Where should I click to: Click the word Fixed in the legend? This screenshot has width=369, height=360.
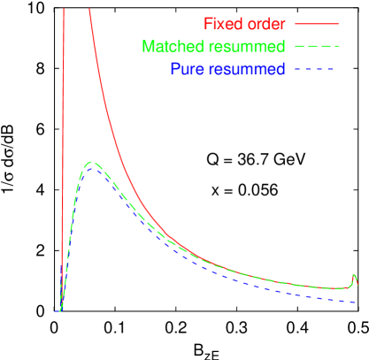coord(221,22)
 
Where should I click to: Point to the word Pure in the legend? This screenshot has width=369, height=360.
coord(183,69)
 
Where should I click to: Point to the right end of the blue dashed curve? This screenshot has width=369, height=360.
coord(356,303)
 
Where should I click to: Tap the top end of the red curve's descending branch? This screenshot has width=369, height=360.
coord(87,9)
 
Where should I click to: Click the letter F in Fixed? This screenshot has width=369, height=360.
coord(208,22)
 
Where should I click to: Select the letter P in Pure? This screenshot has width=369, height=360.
coord(173,69)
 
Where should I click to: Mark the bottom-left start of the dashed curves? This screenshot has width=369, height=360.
coord(58,310)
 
